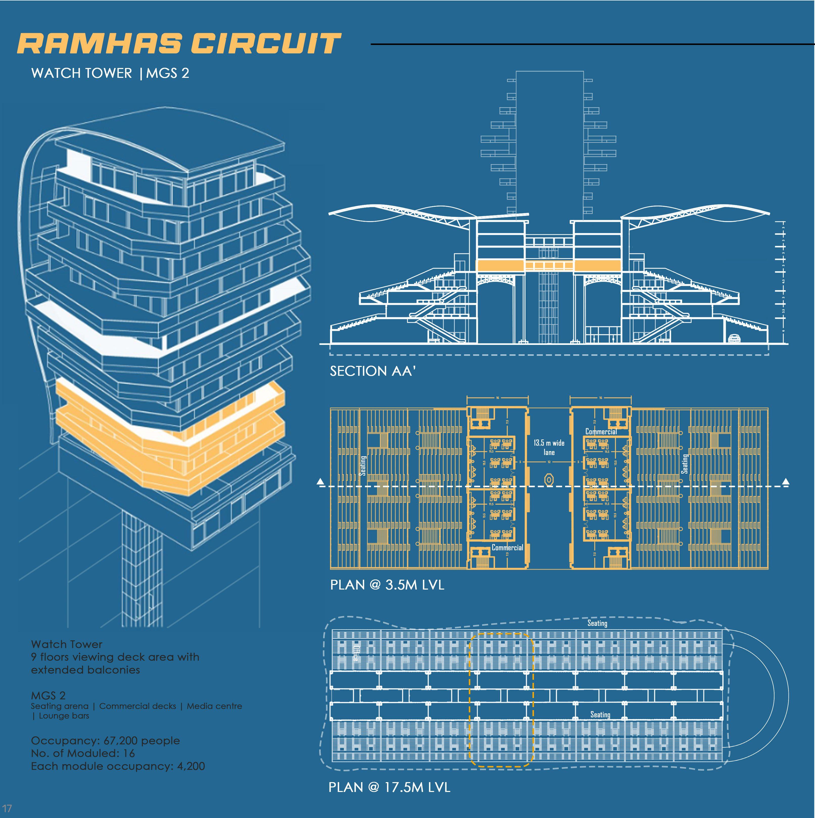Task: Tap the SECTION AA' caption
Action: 372,371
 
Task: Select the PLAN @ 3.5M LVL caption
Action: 387,585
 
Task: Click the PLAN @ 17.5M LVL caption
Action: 389,787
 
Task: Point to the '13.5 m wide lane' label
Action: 549,448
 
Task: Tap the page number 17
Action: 7,808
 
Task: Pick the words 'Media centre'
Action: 214,706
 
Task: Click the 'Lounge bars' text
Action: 64,716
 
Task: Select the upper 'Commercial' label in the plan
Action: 601,431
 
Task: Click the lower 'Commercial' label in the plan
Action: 507,547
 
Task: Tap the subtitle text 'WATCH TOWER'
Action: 82,73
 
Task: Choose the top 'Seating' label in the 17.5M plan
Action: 597,623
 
